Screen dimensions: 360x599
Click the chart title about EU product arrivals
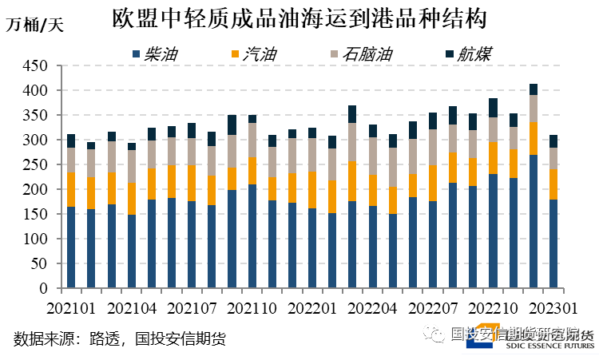[x=299, y=18]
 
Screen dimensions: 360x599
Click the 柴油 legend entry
[x=155, y=54]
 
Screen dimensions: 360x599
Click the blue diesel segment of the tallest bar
[x=534, y=221]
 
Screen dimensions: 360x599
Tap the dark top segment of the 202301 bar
[x=553, y=141]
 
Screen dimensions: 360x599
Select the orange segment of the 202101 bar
[x=71, y=189]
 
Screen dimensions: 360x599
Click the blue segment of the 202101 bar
[x=71, y=247]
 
